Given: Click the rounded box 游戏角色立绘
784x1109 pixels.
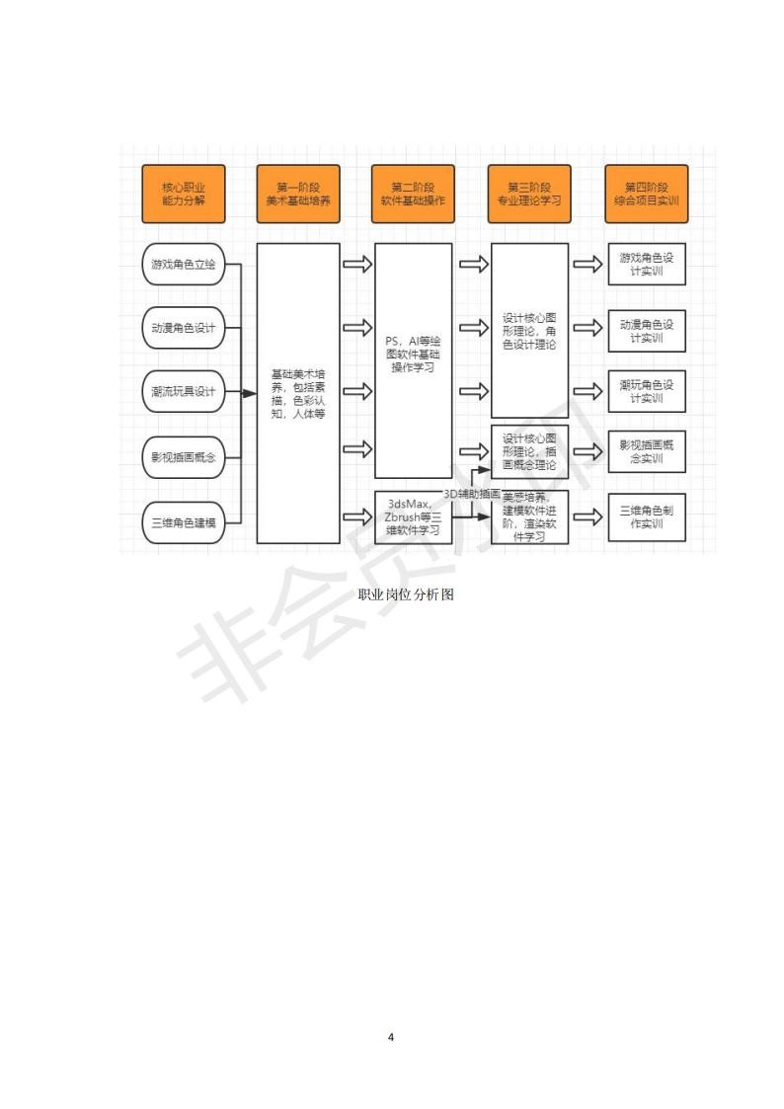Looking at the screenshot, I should (184, 264).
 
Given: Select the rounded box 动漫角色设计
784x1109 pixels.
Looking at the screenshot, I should (184, 328).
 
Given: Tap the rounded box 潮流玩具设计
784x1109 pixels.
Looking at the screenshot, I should (184, 392).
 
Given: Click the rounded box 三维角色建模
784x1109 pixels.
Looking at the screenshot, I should (184, 520).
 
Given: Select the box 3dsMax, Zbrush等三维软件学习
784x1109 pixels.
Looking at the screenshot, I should (413, 516).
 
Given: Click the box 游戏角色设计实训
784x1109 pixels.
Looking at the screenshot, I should (646, 264).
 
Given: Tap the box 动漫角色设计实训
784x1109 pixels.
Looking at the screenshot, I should (646, 330).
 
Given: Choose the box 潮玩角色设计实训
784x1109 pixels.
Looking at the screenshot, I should (646, 391).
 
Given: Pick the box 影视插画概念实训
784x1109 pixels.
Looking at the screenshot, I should (646, 451).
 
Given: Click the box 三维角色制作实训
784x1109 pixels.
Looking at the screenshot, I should (646, 516).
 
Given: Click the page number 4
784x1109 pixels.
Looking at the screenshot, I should (392, 1037).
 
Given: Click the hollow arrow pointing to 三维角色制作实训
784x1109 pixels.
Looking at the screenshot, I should (588, 516).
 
